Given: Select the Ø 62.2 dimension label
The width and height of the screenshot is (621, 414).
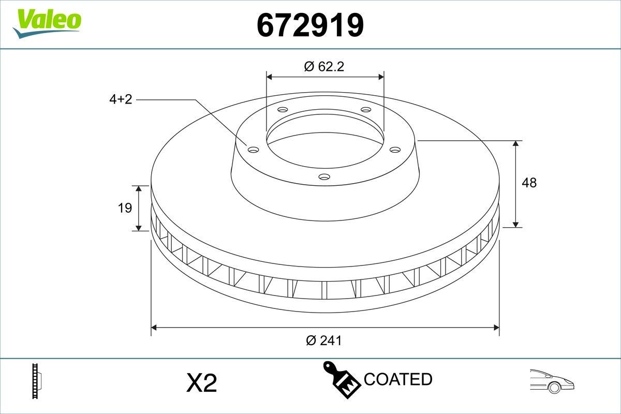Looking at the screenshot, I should coord(324,66).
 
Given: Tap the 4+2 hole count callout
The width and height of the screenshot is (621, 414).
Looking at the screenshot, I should coord(121,100).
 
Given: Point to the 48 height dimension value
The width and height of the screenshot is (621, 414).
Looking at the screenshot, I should coord(529,183).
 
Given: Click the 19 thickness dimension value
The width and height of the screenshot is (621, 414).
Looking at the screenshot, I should coord(125,208).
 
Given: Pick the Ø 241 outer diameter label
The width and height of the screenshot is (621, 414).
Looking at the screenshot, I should coord(324,340).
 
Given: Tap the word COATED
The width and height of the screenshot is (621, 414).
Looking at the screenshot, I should coord(398,379).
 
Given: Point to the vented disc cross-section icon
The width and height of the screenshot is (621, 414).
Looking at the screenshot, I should coord(36,381).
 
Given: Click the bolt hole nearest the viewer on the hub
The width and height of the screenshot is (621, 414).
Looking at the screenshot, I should coord(324,177).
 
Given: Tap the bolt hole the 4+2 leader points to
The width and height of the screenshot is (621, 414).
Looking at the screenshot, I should coord(253,150).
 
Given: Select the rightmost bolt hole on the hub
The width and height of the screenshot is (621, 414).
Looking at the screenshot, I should coord(395,150).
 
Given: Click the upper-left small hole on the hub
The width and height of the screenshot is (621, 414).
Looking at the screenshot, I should coord(283,110).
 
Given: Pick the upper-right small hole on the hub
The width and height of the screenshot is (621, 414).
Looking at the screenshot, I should coord(366,110).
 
